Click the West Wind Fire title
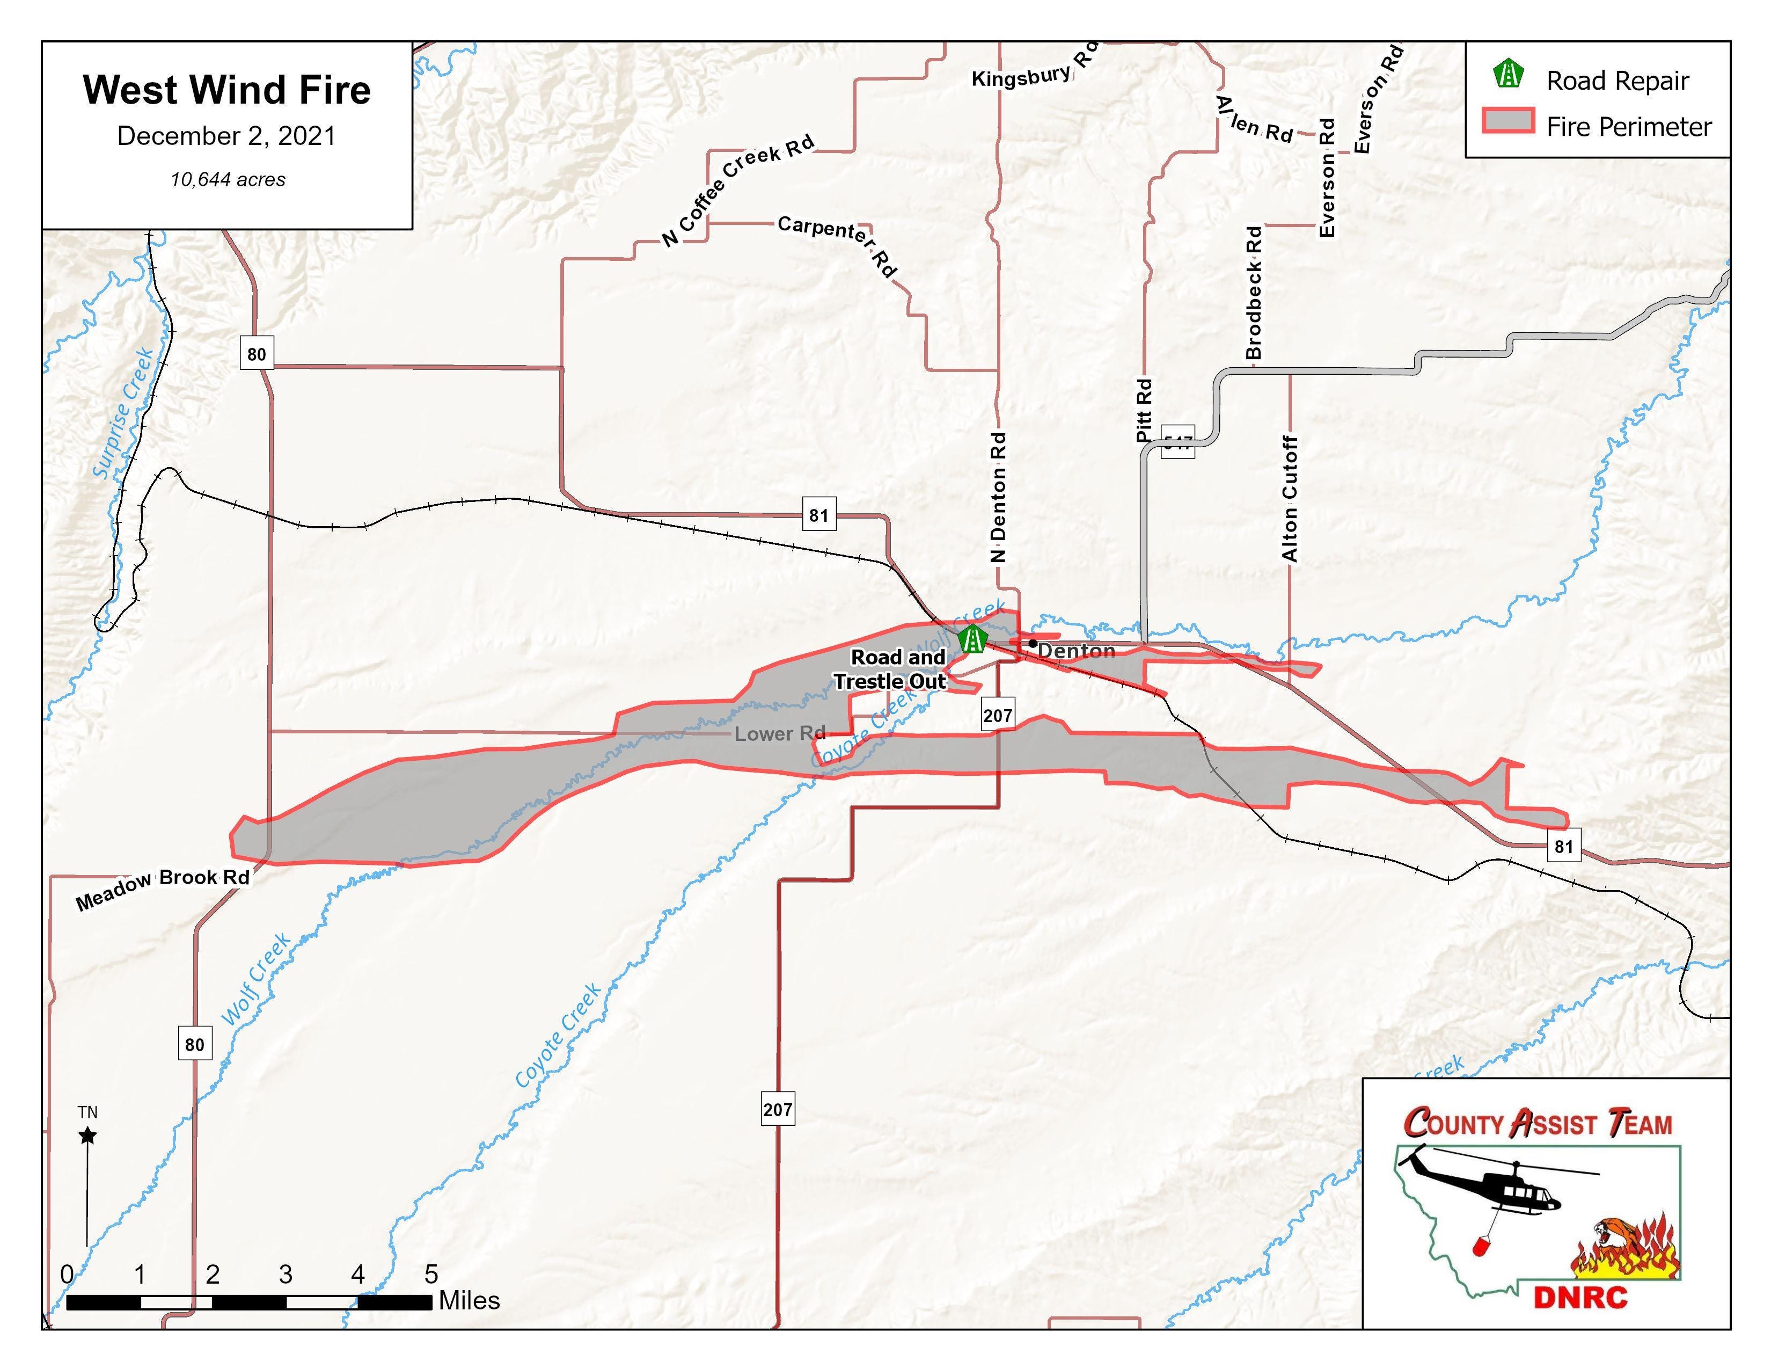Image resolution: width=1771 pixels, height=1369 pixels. [x=226, y=90]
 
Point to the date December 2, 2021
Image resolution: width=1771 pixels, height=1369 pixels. [x=226, y=135]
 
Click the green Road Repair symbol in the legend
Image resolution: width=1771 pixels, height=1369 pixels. [x=1508, y=75]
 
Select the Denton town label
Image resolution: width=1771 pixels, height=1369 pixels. [x=1075, y=651]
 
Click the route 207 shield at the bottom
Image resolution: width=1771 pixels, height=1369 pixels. [x=777, y=1109]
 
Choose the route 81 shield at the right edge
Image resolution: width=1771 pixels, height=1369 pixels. [x=1563, y=847]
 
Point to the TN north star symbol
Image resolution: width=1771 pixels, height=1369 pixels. [x=87, y=1135]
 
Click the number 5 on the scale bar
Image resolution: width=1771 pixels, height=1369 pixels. [x=430, y=1274]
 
